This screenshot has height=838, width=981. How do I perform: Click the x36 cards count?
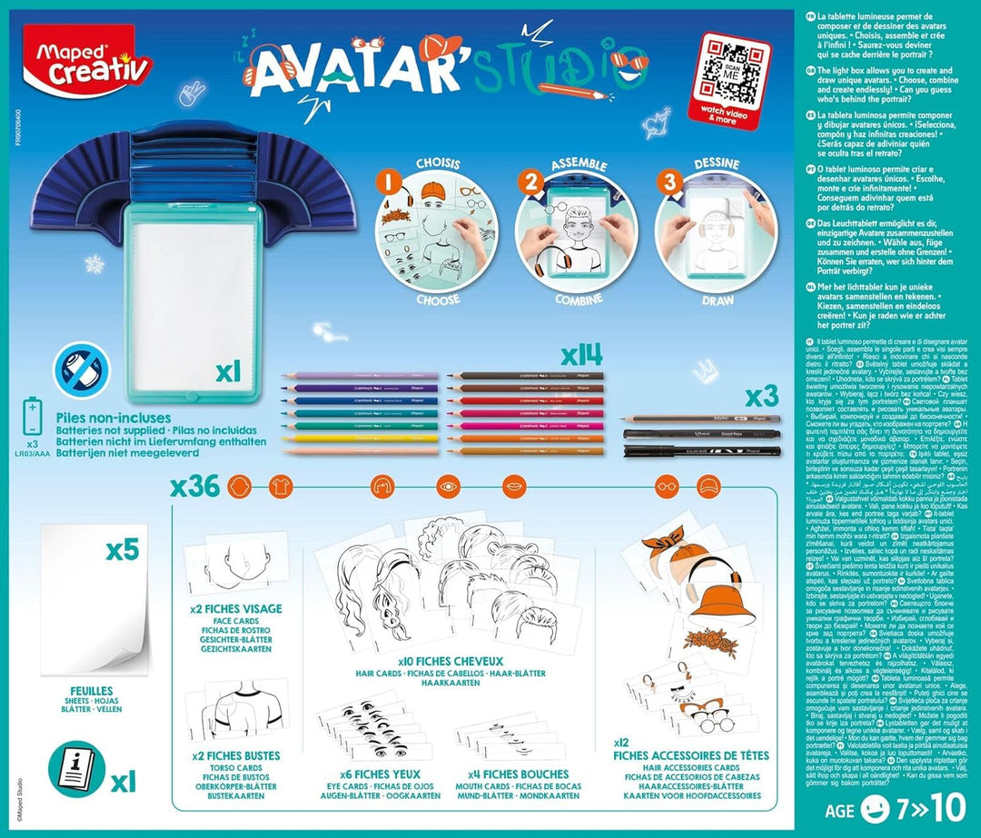(x=195, y=486)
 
